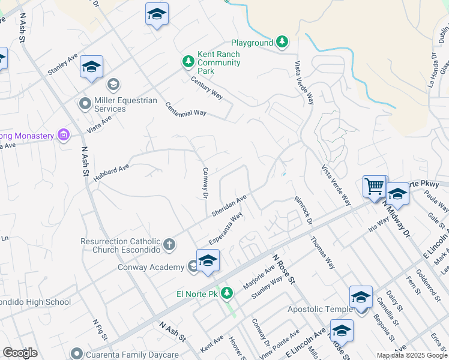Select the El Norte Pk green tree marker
click(226, 293)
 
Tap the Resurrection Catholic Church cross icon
click(169, 244)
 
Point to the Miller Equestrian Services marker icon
click(85, 104)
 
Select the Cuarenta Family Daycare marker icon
click(76, 353)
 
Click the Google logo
click(20, 353)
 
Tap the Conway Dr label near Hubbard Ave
click(205, 182)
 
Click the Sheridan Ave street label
click(229, 206)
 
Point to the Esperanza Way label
click(226, 227)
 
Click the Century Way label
click(207, 88)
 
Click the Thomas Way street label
click(322, 252)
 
